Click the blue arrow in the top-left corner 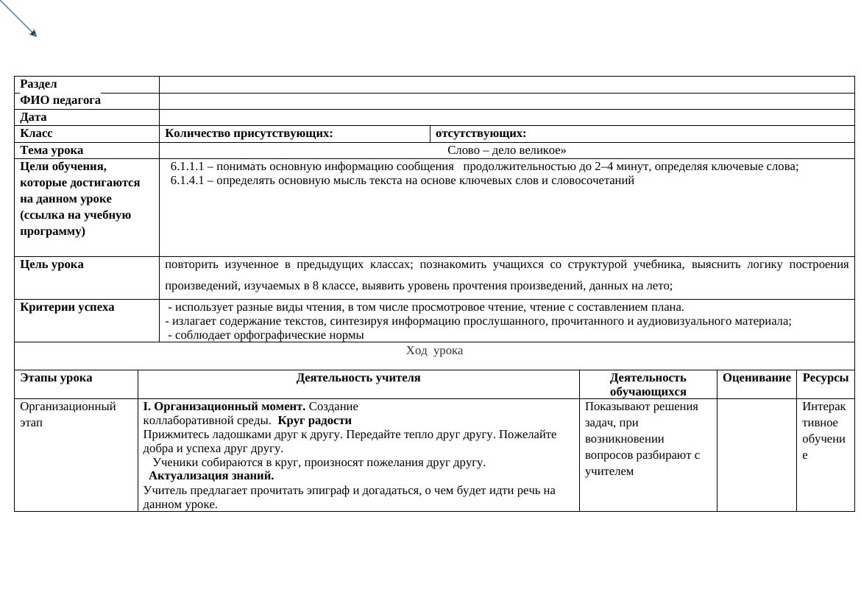tap(18, 18)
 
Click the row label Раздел tap(38, 85)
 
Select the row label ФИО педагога tap(60, 100)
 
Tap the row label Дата tap(33, 117)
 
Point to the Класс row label tap(36, 133)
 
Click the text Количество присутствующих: tap(249, 133)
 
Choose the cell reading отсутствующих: tap(481, 133)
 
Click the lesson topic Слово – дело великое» tap(506, 150)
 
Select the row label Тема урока tap(52, 150)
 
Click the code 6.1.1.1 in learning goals tap(188, 166)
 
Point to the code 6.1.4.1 tap(188, 180)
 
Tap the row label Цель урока tap(52, 264)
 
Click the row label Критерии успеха tap(67, 307)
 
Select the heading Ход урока tap(434, 351)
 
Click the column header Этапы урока tap(56, 378)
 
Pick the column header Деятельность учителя tap(358, 378)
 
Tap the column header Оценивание tap(757, 378)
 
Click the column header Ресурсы tap(825, 378)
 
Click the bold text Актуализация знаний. tap(211, 476)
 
